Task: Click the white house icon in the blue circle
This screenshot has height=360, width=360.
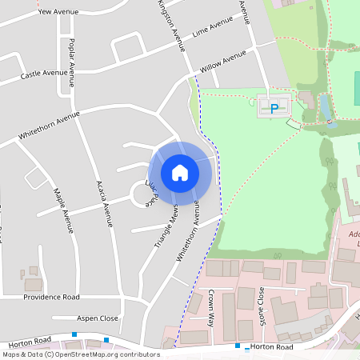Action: (180, 172)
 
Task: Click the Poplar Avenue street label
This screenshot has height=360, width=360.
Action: (72, 62)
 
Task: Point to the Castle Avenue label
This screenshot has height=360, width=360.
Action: (44, 74)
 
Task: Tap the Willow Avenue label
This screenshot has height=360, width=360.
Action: (223, 60)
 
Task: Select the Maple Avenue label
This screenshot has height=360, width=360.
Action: (58, 204)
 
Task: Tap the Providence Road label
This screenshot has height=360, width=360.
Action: (51, 297)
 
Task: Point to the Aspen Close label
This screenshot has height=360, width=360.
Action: (98, 318)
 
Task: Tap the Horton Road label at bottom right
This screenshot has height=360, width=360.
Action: (272, 347)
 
